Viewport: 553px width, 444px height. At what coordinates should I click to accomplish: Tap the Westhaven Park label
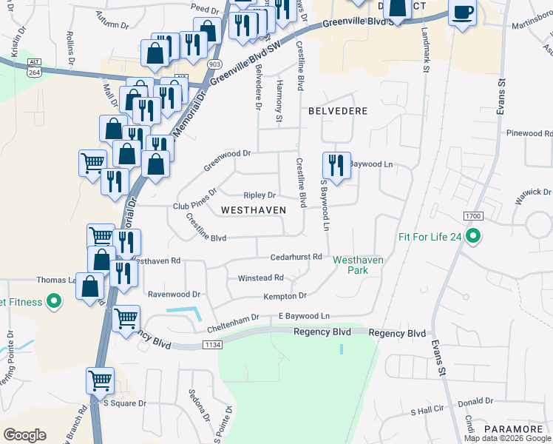tap(350, 265)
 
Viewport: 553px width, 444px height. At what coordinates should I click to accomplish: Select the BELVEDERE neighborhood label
tap(333, 110)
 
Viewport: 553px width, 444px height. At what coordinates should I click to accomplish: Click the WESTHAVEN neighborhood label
tap(254, 210)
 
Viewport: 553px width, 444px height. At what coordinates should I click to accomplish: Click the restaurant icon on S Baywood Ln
tap(336, 166)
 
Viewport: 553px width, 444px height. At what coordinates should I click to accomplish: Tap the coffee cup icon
tap(463, 13)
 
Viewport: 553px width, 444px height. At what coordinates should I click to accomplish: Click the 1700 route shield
tap(473, 215)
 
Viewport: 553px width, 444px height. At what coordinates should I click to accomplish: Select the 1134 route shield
tap(213, 345)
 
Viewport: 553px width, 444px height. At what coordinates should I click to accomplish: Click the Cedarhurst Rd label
tap(296, 257)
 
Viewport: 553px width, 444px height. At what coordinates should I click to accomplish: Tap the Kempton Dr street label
tap(285, 296)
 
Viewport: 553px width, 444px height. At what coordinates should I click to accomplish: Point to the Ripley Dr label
tap(259, 195)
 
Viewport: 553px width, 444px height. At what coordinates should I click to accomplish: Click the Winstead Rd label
tap(260, 278)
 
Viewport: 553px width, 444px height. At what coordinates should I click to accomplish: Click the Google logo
tap(24, 435)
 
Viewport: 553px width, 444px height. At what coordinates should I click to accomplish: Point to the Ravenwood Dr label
tap(174, 294)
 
